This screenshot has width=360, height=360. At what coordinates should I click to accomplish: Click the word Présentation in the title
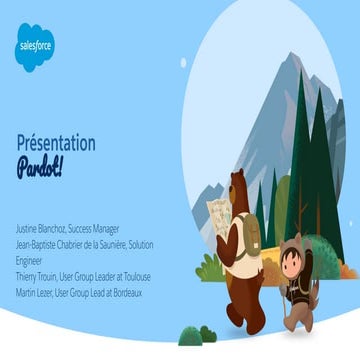[x=56, y=143]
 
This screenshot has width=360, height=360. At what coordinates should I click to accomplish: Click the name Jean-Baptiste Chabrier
[x=60, y=241]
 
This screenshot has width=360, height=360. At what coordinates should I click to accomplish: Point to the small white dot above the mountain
[x=183, y=62]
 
